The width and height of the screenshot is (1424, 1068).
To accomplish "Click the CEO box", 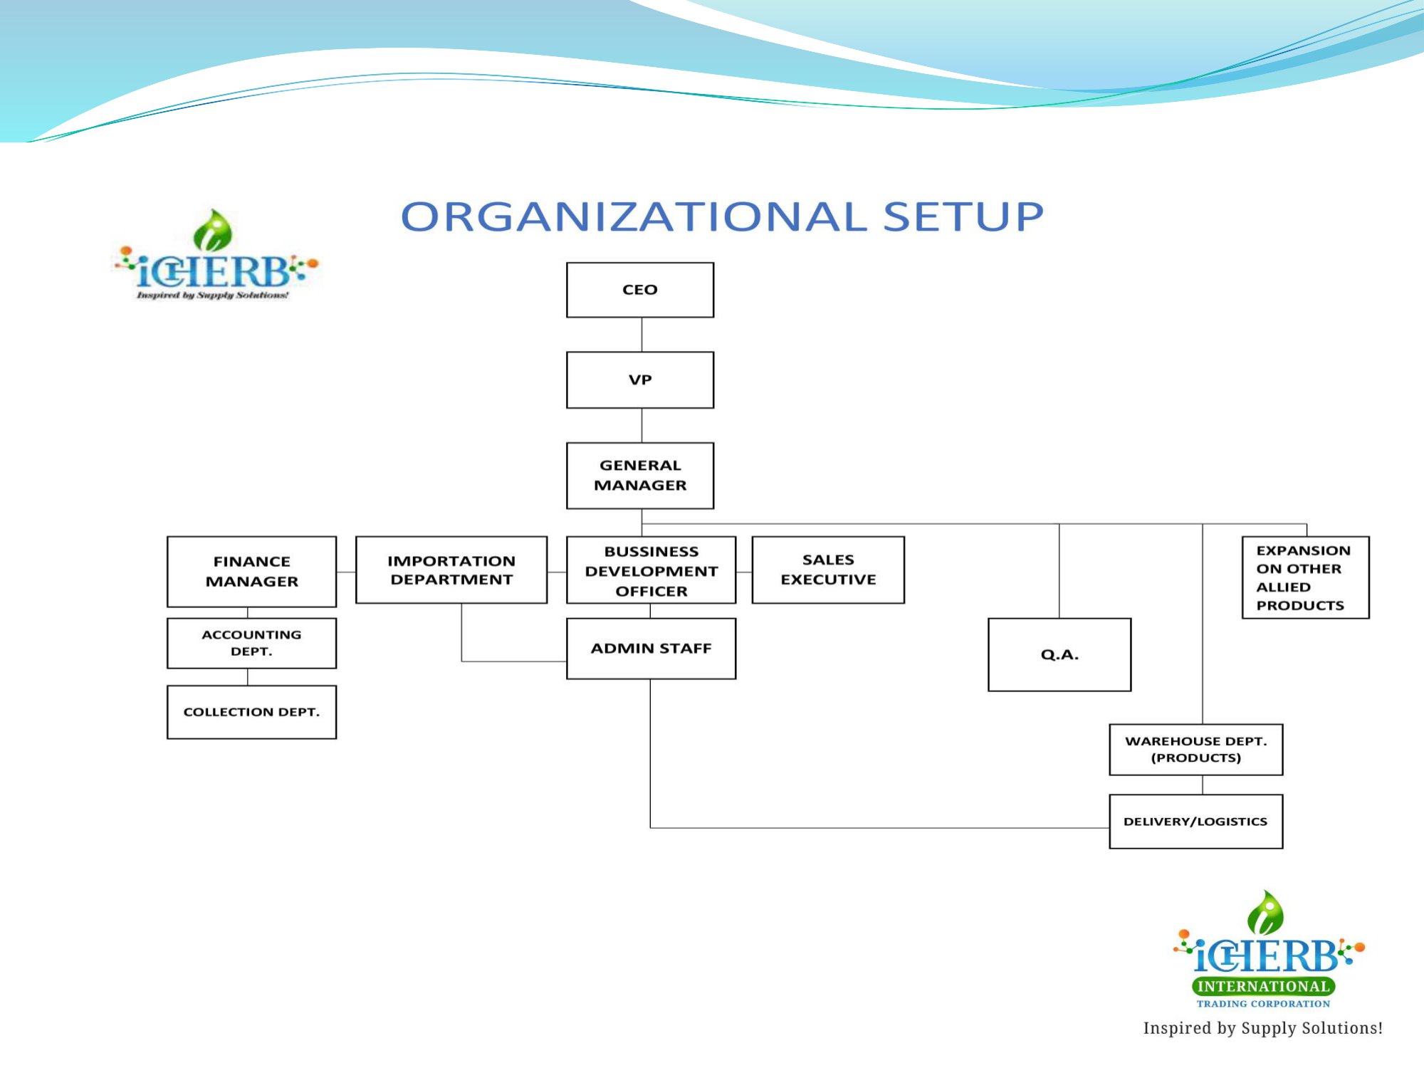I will point(639,290).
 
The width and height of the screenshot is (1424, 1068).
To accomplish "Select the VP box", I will point(639,379).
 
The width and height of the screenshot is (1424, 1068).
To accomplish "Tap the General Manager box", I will point(639,475).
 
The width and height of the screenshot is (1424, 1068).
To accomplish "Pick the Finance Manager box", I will point(251,571).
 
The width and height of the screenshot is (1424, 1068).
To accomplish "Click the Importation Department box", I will point(451,570).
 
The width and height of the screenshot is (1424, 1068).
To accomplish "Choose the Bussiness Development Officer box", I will point(651,570).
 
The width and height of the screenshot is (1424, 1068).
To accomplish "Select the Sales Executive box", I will point(827,570).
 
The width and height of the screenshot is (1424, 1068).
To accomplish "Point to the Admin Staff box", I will point(651,648).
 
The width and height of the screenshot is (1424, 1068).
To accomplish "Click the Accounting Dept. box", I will point(251,642).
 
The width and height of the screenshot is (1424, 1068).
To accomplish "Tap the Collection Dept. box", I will point(251,711).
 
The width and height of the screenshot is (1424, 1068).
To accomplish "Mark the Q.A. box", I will point(1059,654).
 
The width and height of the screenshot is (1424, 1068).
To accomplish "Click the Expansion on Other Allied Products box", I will point(1304,577).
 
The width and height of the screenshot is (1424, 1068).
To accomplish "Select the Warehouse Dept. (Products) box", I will point(1195,749).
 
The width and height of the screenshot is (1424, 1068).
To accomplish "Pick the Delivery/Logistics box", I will point(1195,821).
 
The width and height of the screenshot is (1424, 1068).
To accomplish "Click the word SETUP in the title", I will point(963,216).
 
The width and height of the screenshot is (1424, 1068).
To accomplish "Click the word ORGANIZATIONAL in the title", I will point(634,216).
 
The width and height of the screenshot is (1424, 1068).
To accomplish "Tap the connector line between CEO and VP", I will point(642,335).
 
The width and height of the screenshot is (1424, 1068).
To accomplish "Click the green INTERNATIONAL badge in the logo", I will point(1263,986).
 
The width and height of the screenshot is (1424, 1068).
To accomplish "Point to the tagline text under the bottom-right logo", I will point(1262,1027).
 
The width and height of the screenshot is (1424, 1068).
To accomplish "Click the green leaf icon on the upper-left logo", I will point(213,231).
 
